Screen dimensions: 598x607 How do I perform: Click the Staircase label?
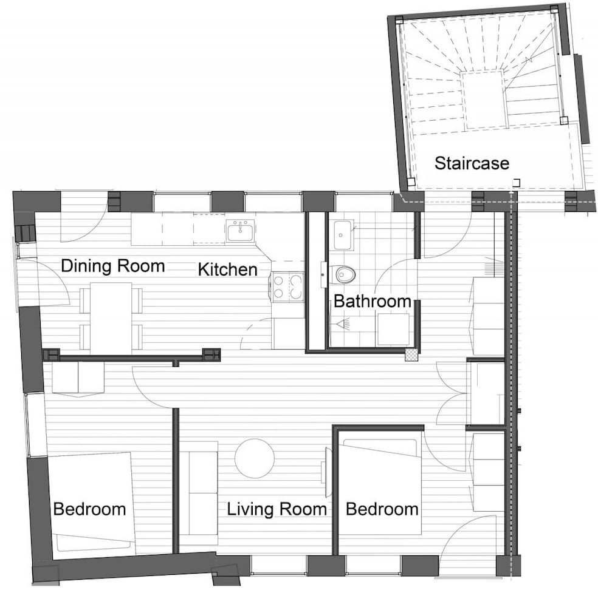(472, 163)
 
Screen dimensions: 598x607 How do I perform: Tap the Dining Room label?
(113, 266)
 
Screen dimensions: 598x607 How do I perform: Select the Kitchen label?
(227, 270)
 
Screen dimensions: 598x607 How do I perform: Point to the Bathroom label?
(372, 301)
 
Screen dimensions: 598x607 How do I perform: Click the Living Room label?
(277, 509)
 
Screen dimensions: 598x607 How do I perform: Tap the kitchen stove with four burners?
(287, 287)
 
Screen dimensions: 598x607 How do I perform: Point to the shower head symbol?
(343, 324)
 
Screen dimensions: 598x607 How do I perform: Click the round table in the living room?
(255, 458)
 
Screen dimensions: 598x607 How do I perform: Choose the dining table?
(111, 318)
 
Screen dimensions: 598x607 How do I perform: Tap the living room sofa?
(203, 493)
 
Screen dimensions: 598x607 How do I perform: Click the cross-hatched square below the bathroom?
(411, 354)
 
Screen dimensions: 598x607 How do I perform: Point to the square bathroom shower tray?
(393, 329)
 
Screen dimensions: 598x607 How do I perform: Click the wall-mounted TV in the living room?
(326, 472)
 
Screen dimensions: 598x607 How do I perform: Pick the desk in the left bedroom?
(78, 378)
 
